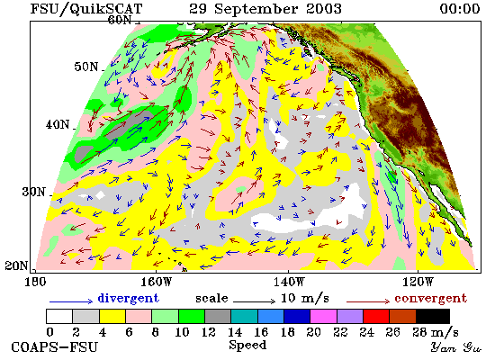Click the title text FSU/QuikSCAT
(x=86, y=9)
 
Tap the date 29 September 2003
(x=265, y=9)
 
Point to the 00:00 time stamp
(x=460, y=9)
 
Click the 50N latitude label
(x=86, y=67)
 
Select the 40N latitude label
(x=58, y=125)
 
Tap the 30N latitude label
(x=34, y=192)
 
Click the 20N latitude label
(x=16, y=265)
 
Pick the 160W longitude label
(x=156, y=282)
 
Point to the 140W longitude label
(x=289, y=282)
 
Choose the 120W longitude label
(x=418, y=282)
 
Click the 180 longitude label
(x=35, y=282)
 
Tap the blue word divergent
(x=128, y=299)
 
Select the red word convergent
(x=430, y=299)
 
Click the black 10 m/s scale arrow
(x=255, y=301)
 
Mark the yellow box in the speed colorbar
(x=112, y=317)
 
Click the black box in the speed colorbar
(x=433, y=317)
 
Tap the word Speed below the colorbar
(x=247, y=346)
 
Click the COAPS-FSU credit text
(x=54, y=347)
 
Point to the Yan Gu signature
(x=456, y=347)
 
